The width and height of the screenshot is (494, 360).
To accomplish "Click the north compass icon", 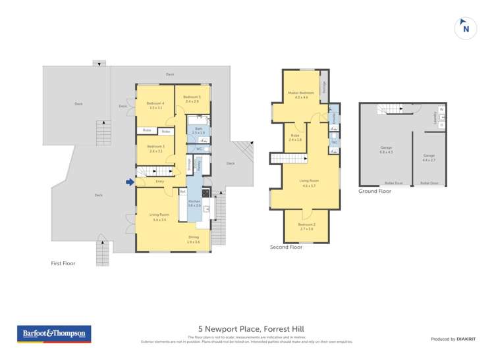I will pos(466,28).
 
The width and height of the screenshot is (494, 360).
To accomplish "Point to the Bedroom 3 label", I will pos(155,148).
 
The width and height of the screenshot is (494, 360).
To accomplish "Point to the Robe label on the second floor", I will pos(295,138).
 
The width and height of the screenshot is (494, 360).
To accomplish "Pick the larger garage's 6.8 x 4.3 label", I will pos(386,150).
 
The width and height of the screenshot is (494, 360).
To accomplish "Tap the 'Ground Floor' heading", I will pos(374,192).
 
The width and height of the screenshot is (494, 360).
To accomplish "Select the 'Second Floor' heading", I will pos(286,247).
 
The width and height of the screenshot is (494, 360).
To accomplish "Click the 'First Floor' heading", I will pos(63,263).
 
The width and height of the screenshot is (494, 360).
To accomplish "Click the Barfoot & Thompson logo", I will pos(54,334).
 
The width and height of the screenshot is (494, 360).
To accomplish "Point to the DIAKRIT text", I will pos(466,339).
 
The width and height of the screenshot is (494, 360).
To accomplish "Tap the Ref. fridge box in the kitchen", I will pos(183,192).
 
